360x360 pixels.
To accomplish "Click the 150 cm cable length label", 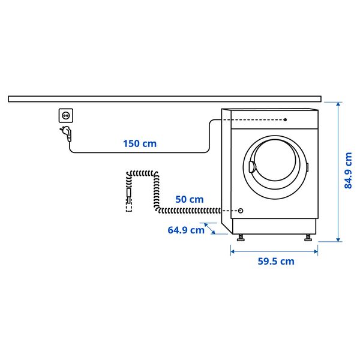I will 139,143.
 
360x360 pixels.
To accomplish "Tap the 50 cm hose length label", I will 189,199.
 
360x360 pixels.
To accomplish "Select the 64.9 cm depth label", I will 186,230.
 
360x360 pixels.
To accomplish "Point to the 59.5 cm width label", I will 276,261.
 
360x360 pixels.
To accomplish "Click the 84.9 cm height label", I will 348,170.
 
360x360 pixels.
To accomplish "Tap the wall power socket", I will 66,114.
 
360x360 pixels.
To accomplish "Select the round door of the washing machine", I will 276,165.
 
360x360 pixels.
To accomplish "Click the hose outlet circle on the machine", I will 241,211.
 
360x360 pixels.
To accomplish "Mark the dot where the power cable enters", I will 286,119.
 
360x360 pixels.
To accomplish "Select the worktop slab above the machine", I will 164,98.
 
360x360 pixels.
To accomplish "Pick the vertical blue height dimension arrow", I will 339,171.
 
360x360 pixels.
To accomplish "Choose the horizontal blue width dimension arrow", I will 274,250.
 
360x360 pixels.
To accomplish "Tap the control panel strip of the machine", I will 270,119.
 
